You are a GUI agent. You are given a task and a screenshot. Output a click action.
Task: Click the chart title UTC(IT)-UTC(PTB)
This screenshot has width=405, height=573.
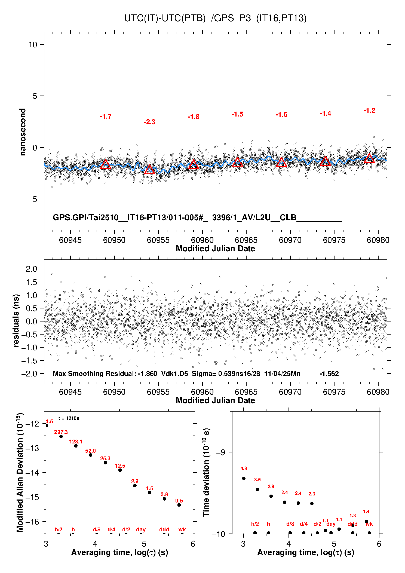(165, 18)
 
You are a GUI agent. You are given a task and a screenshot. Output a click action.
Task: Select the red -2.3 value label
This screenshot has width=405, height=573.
(149, 122)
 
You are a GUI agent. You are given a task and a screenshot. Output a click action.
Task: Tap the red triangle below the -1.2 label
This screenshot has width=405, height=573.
(369, 158)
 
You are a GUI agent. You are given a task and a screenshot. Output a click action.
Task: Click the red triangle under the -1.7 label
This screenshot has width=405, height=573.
(106, 164)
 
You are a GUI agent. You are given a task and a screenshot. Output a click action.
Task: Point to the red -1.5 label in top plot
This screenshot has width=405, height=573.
(237, 114)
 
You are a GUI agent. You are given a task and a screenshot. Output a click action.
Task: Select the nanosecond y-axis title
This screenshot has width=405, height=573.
(23, 132)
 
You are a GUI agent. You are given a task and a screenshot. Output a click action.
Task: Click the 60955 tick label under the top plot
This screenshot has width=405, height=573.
(158, 240)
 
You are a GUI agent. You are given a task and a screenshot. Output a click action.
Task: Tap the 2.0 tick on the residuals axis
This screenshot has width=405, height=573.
(31, 269)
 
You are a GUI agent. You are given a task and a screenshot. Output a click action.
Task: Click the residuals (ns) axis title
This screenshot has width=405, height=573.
(16, 320)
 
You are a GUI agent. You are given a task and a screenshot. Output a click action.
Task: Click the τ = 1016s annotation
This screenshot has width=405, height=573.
(69, 418)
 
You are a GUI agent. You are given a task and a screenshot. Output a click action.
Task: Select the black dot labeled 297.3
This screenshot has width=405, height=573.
(61, 436)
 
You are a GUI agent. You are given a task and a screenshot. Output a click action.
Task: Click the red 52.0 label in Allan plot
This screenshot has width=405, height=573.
(90, 451)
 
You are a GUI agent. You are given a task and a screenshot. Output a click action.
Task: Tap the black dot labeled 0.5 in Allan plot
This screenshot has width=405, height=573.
(179, 505)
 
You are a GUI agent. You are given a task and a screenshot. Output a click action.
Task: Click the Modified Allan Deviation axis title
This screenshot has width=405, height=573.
(20, 472)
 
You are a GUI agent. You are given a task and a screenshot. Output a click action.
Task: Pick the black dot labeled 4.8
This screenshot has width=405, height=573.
(244, 478)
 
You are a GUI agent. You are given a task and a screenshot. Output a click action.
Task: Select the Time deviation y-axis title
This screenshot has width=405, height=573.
(206, 472)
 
